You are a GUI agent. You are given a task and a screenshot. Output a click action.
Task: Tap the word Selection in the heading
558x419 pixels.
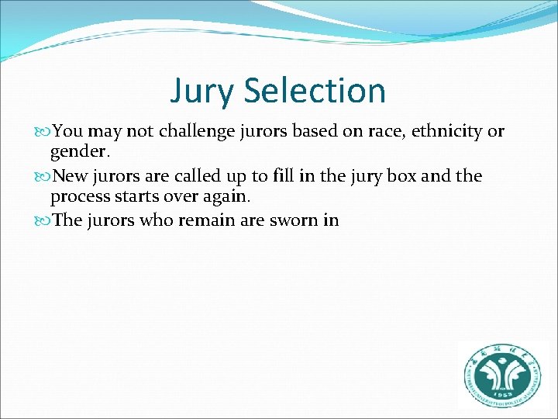click(314, 90)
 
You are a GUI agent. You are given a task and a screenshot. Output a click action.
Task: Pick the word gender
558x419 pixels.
click(77, 150)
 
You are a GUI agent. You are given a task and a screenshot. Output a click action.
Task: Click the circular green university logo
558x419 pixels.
click(502, 375)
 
